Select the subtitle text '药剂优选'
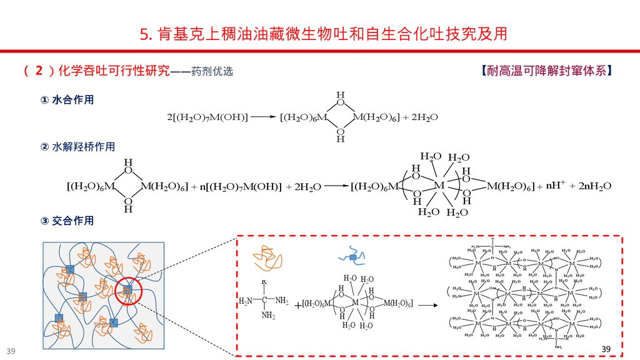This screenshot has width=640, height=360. [x=212, y=71]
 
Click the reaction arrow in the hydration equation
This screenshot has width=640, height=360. [x=262, y=117]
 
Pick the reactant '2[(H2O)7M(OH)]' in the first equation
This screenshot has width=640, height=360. [x=207, y=117]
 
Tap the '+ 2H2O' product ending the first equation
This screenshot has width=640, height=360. [x=420, y=117]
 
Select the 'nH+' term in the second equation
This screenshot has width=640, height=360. [x=556, y=186]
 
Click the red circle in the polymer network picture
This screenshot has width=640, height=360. [x=129, y=289]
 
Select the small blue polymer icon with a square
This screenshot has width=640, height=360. [x=353, y=255]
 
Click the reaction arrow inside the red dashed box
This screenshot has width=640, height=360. [x=427, y=305]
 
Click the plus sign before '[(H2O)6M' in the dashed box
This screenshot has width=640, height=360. [x=297, y=305]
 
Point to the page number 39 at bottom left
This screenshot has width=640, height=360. [x=11, y=349]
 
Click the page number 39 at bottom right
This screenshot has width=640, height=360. [x=604, y=347]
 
